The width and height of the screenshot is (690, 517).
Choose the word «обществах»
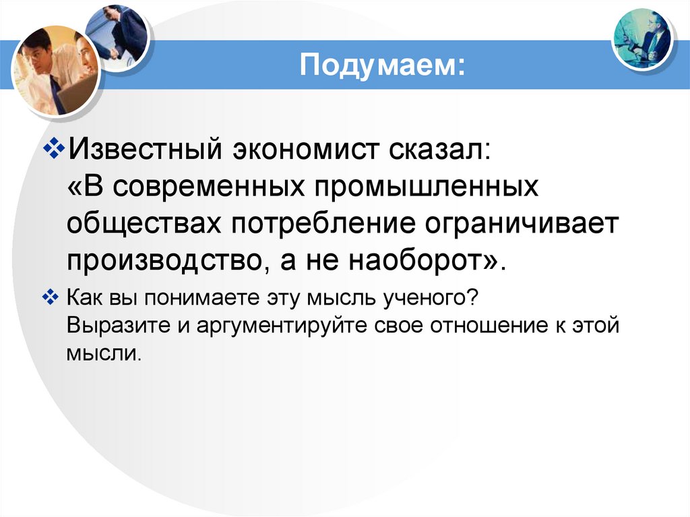[144, 222]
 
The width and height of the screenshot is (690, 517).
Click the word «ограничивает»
[519, 222]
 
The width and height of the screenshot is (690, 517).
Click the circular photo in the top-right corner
[644, 38]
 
